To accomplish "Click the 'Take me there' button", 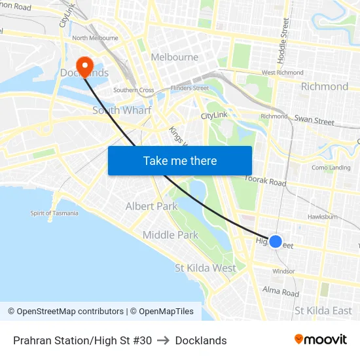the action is [x=180, y=160].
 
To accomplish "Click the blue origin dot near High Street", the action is [x=276, y=242].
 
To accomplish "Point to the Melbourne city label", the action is [x=174, y=57].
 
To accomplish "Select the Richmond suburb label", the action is [x=324, y=86].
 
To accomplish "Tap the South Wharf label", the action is [x=122, y=110].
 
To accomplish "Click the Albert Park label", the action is [x=151, y=206].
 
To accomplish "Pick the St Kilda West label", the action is [x=206, y=268].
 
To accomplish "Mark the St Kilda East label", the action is [x=323, y=310].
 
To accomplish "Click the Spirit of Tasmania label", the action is [x=54, y=213].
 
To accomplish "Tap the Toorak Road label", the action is [x=266, y=180].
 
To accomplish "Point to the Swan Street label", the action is [x=314, y=120].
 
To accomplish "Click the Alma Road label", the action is [x=280, y=291].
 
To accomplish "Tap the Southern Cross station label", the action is [x=134, y=90].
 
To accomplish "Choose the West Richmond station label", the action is [x=282, y=73].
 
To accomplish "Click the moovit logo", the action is [x=321, y=340].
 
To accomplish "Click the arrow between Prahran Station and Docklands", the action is [x=164, y=340].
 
